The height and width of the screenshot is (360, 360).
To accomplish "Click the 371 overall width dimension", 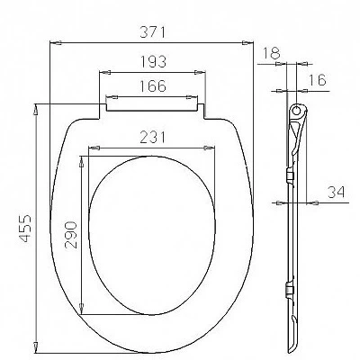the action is [153, 32].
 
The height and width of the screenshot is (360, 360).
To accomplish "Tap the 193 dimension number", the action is [153, 62].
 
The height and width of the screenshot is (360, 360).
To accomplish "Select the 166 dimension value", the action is [153, 86].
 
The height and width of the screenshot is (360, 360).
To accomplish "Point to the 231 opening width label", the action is [153, 138].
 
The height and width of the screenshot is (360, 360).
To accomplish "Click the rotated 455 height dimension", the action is [25, 228].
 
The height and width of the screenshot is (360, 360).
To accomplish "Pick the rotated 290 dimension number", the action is [71, 235].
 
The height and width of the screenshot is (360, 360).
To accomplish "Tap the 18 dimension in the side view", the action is [272, 53].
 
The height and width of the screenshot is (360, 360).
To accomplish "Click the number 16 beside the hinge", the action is [317, 80].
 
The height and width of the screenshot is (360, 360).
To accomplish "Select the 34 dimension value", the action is [337, 193].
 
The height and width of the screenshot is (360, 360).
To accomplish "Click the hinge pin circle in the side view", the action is [296, 110].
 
